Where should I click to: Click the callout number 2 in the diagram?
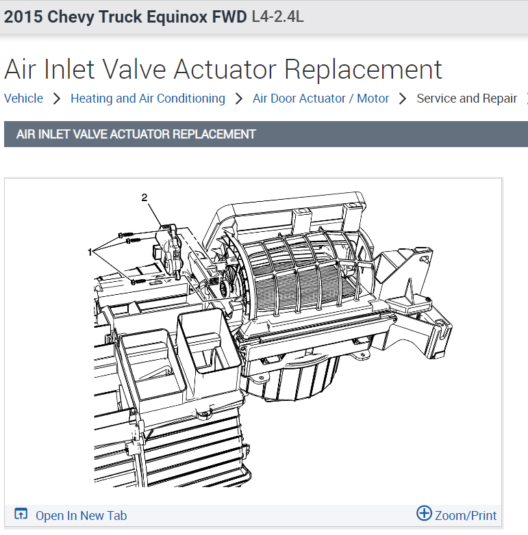(x=144, y=197)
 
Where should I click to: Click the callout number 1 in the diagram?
(x=90, y=252)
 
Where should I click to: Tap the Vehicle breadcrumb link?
(x=23, y=99)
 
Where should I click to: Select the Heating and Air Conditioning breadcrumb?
(x=148, y=99)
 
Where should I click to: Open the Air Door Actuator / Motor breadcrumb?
(x=320, y=99)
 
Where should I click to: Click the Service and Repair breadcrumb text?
(x=466, y=99)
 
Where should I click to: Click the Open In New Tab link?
(x=81, y=516)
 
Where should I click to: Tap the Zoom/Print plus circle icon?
(x=424, y=513)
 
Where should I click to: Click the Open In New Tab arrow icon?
(x=21, y=514)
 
